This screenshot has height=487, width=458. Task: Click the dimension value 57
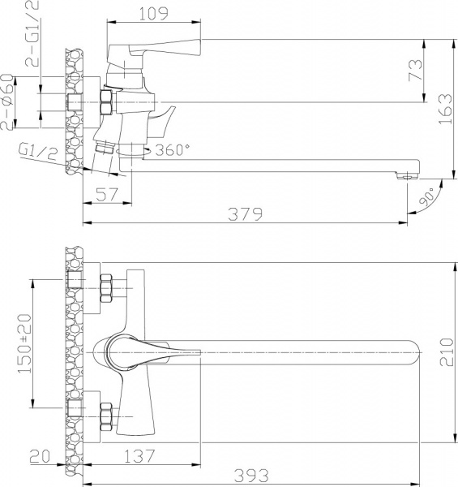(x=105, y=194)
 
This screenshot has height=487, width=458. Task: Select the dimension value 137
(x=142, y=458)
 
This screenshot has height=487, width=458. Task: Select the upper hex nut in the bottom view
(x=106, y=286)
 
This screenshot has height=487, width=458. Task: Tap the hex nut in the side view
(x=106, y=103)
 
